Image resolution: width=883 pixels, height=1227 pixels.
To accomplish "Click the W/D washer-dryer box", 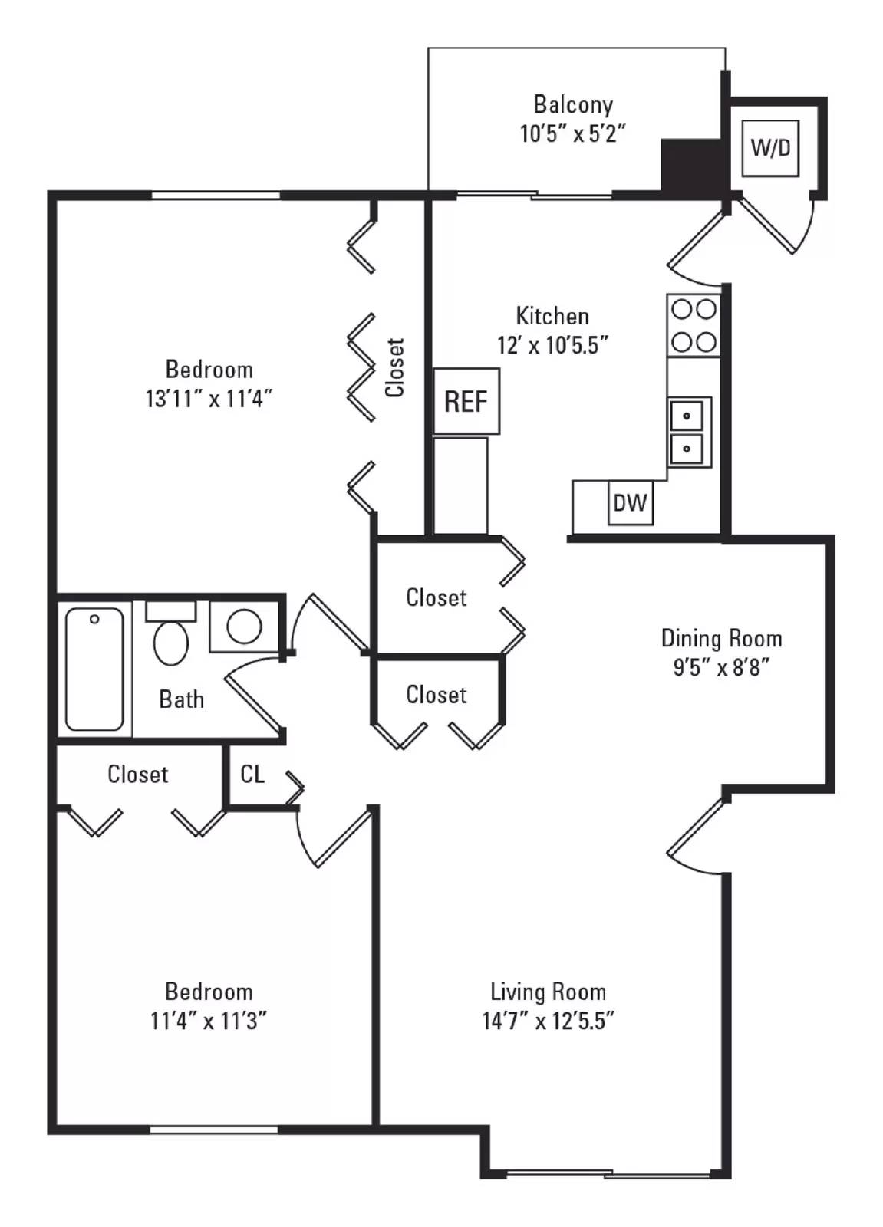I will (x=770, y=147).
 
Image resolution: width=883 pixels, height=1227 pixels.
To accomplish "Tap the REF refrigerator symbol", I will (x=466, y=401).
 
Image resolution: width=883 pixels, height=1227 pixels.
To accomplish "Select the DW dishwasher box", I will (x=630, y=503).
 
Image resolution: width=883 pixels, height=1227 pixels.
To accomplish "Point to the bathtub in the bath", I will (x=94, y=668).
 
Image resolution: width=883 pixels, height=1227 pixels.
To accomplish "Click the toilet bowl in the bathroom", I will (x=171, y=641).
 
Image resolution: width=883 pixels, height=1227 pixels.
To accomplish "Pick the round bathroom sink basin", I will (x=244, y=627).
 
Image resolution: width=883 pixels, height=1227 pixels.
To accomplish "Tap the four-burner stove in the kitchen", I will (x=694, y=326).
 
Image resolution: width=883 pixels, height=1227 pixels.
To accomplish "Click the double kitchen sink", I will (x=688, y=432).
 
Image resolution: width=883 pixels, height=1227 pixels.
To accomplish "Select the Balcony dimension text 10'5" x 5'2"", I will (x=573, y=134).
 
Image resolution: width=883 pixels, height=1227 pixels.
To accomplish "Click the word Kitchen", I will (x=552, y=316).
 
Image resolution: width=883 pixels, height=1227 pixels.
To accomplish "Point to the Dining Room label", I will (x=721, y=638).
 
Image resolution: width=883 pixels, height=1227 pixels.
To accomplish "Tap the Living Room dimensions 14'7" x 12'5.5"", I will (x=548, y=1021).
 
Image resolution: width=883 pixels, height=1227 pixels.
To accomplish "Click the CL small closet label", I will (x=252, y=774).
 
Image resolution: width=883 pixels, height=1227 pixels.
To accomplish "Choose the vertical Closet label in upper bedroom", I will (x=394, y=368).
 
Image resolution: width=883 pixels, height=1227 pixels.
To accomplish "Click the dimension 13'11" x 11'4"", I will (x=209, y=399).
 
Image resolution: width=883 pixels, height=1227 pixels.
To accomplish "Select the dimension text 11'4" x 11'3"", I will (x=209, y=1021).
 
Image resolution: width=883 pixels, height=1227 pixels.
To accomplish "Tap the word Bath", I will (x=182, y=699).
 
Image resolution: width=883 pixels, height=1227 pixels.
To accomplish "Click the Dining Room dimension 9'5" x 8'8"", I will (x=721, y=667).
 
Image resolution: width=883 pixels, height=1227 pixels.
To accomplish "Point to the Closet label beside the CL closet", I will (x=138, y=774).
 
